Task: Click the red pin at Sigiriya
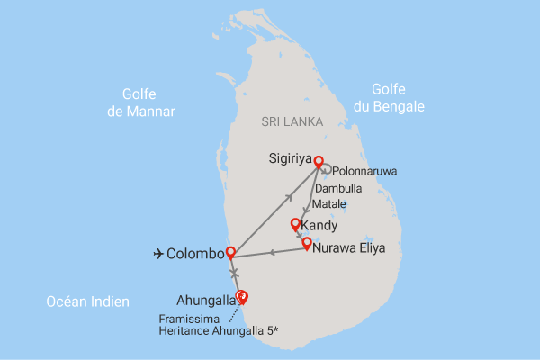coord(318,163)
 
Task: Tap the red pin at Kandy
coord(295,224)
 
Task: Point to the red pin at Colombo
coord(230,253)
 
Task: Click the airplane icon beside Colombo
coord(159,255)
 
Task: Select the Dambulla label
coord(338,190)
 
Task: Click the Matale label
coord(329,205)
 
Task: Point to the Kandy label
coord(319,225)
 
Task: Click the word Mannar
coord(154,112)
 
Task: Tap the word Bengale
coord(401,106)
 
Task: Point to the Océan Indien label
coord(87,302)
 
